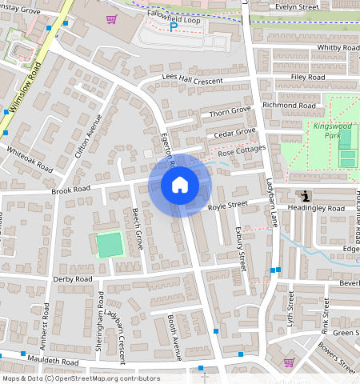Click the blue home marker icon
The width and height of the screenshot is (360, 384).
click(x=180, y=185)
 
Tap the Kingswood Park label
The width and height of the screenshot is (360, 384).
click(x=333, y=130)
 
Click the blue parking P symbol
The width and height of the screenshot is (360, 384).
click(x=174, y=27)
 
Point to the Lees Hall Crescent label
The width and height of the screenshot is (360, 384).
click(x=193, y=78)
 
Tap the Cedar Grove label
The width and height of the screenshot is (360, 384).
click(x=234, y=131)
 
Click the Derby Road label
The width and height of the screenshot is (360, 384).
click(x=73, y=279)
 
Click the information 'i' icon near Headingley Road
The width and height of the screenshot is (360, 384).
click(x=305, y=196)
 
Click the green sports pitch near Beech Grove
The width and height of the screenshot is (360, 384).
click(x=110, y=245)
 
